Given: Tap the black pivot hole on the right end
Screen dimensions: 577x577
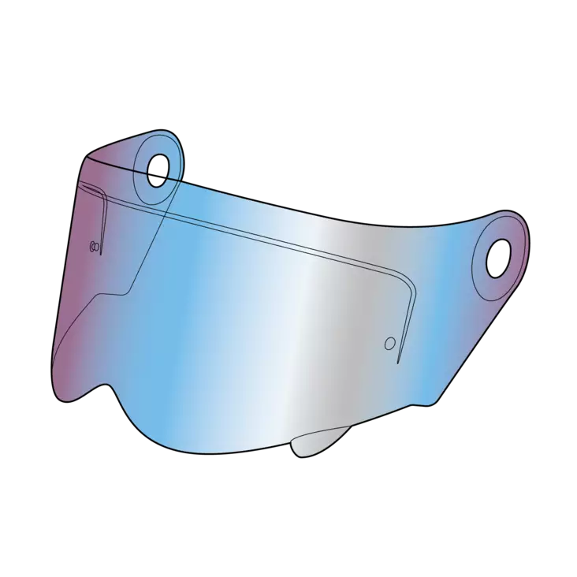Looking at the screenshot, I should (498, 257).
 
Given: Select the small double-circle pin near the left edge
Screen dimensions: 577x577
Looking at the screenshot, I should (95, 247).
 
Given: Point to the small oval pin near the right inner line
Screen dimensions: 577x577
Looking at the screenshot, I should (389, 344).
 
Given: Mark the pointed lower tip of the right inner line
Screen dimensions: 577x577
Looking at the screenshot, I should (399, 363).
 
